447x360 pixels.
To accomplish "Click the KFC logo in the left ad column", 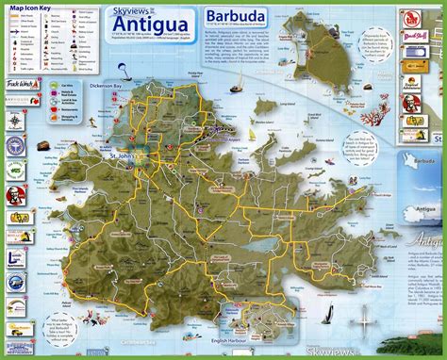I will [x=14, y=173].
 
